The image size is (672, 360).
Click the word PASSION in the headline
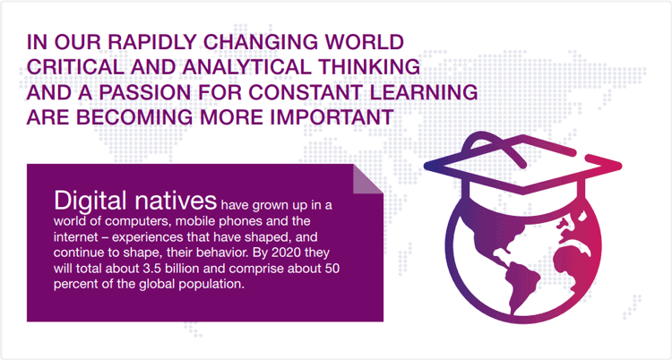pos(147,92)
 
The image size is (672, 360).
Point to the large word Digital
pos(90,201)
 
